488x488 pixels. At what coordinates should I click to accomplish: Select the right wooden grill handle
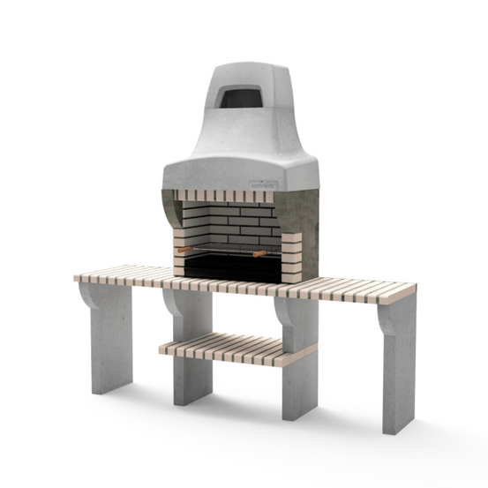[261, 254]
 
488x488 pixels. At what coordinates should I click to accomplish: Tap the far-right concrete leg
[399, 371]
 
